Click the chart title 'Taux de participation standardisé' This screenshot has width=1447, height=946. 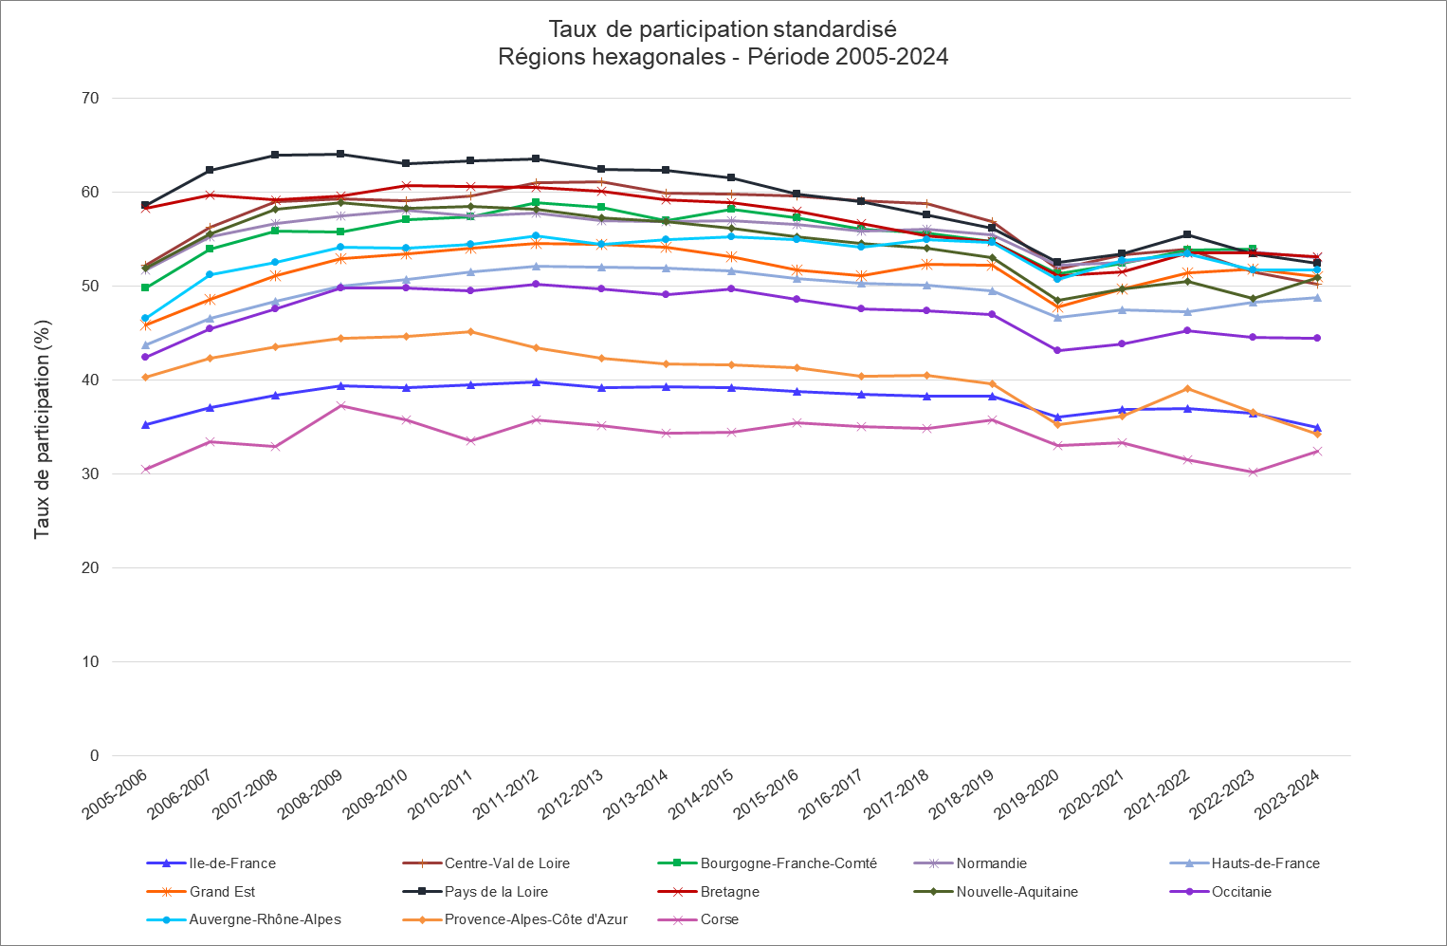(x=723, y=29)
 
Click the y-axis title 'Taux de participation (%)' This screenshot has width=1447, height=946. (x=42, y=429)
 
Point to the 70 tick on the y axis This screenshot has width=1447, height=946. (x=91, y=99)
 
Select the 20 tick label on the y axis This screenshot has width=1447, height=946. (x=91, y=568)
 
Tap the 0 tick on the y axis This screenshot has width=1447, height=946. (x=94, y=756)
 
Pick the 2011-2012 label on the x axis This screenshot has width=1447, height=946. (x=506, y=795)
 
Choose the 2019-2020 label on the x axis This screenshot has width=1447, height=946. (x=1028, y=795)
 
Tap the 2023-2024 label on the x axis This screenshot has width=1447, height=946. (x=1288, y=795)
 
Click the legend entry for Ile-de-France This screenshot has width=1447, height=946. (x=232, y=863)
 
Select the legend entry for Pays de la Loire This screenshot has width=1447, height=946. (x=496, y=892)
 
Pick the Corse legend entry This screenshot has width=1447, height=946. (x=719, y=919)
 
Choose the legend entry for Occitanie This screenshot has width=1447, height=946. (x=1241, y=892)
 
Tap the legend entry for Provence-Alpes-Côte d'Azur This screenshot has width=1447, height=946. (x=536, y=919)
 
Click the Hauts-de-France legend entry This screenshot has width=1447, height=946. (x=1265, y=863)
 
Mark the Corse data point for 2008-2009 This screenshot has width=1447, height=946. (x=341, y=406)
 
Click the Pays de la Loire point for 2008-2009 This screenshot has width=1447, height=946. (x=341, y=155)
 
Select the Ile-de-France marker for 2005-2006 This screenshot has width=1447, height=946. (x=146, y=425)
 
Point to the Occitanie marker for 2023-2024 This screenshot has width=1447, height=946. (x=1317, y=339)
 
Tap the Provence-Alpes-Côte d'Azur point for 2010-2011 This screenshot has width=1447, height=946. (x=471, y=332)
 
